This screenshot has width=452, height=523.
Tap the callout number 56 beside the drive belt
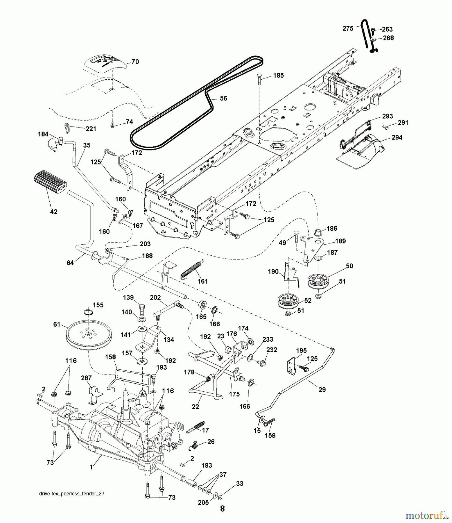click(x=223, y=98)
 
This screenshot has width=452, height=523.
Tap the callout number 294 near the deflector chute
click(x=397, y=137)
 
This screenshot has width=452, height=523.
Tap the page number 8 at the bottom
click(x=222, y=508)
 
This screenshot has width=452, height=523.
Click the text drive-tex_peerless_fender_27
click(x=71, y=494)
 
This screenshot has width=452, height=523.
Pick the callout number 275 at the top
click(x=348, y=28)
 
